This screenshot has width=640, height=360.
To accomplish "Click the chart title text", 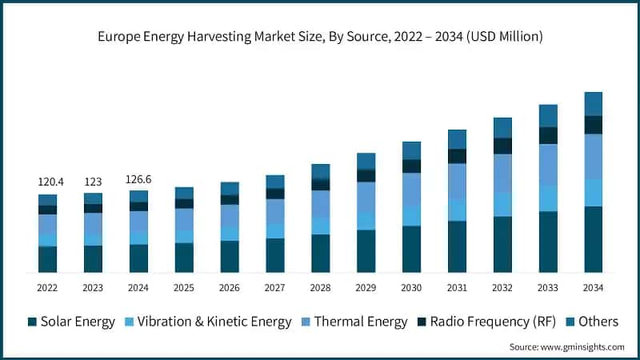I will coord(320,36).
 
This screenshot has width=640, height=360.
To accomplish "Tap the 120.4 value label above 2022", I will coord(47,182).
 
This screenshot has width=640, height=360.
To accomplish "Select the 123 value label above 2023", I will coord(93,182).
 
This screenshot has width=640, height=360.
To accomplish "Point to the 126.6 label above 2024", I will coord(138,180).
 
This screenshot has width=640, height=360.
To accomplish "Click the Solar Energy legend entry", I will coord(70,322).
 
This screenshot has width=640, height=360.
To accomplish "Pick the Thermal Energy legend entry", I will coord(351,322).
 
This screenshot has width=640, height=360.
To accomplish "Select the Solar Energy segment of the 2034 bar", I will coord(593,239).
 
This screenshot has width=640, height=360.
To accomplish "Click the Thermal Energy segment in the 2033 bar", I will coord(547,165).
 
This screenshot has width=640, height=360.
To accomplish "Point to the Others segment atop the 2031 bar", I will coord(457,139).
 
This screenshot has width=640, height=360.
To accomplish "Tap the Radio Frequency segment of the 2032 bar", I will coord(502,146).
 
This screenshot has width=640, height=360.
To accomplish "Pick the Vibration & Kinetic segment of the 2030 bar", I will coord(411,215).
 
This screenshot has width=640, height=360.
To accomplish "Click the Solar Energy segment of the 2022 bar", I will coord(47,259).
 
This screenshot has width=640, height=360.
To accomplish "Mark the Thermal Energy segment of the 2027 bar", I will coord(274,211).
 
